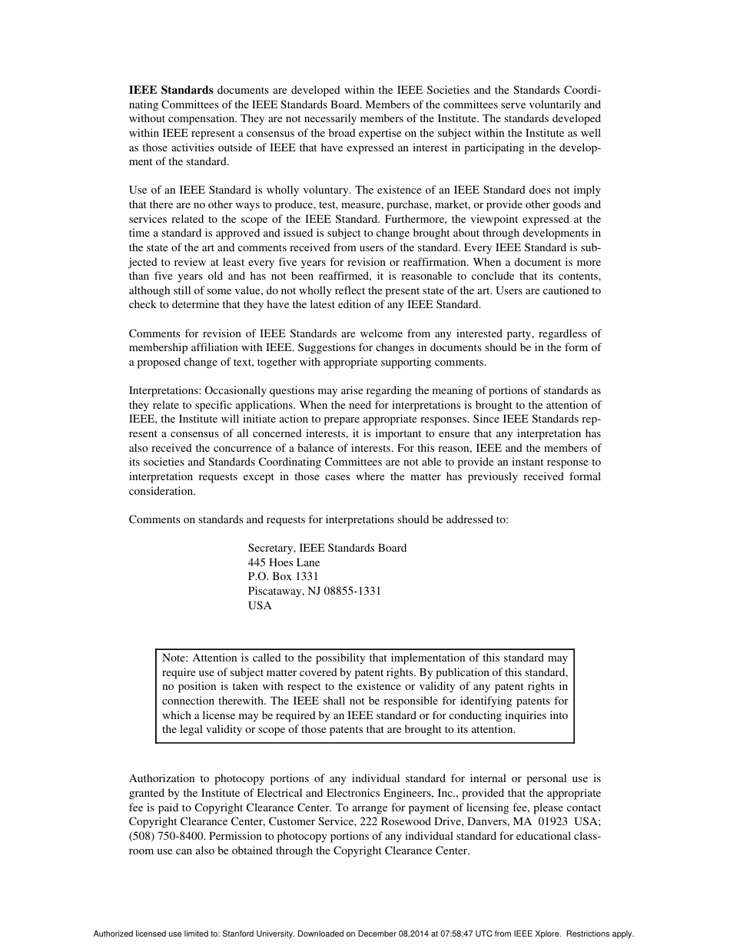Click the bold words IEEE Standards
(171, 90)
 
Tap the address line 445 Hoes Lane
(284, 562)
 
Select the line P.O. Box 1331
(283, 576)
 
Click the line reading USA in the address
(260, 605)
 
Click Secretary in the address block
(271, 548)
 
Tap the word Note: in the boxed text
(175, 658)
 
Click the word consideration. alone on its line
(162, 491)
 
